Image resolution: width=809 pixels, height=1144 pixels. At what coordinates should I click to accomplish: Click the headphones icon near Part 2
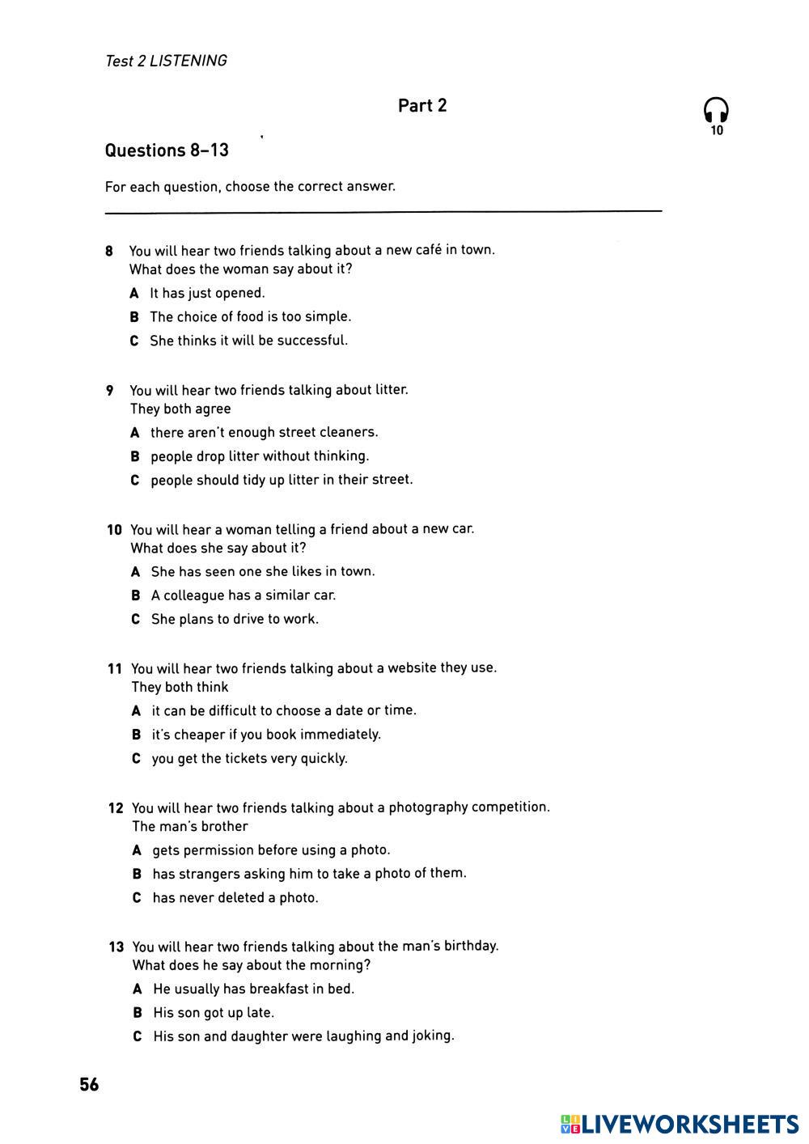[716, 111]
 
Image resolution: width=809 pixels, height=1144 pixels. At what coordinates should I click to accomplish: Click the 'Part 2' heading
[421, 106]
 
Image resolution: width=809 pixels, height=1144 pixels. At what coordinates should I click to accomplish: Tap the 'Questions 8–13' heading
[167, 150]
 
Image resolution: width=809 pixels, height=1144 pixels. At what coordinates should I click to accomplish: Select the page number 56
[89, 1085]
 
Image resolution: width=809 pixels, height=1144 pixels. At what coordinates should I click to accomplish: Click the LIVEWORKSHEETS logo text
[689, 1124]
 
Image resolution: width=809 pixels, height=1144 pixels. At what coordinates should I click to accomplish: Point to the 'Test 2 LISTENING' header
[166, 61]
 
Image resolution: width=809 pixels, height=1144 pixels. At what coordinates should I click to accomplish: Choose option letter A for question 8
[134, 293]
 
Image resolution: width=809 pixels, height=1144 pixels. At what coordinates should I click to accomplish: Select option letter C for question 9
[135, 480]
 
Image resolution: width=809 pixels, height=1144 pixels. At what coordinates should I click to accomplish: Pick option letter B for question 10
[136, 595]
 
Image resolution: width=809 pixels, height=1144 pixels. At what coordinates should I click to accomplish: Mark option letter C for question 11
[136, 759]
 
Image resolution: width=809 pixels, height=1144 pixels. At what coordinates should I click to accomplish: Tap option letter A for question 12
[137, 850]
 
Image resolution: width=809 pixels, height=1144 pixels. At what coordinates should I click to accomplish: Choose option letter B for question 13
[138, 1013]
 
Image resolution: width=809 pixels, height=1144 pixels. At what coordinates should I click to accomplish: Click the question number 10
[114, 530]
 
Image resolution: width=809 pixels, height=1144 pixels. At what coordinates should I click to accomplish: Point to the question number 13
[116, 947]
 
